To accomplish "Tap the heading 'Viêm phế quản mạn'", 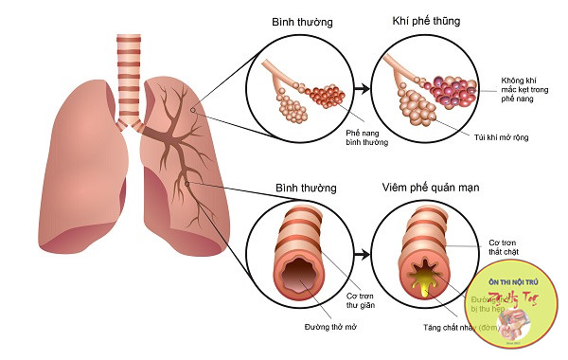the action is point(423,189).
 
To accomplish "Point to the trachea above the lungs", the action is point(129,71).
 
